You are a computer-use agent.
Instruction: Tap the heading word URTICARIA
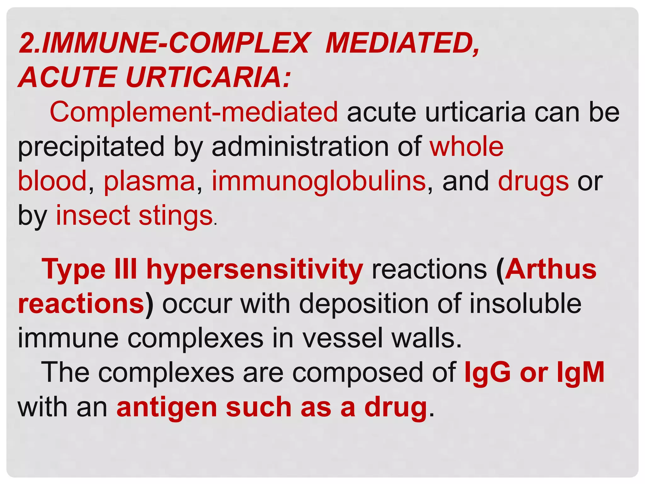pos(208,78)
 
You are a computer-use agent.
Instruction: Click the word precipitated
pos(91,147)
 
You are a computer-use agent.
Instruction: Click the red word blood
pos(52,181)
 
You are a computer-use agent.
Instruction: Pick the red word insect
pos(93,216)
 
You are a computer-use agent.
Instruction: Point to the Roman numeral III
pos(126,269)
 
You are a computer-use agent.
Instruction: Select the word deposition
pos(364,304)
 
